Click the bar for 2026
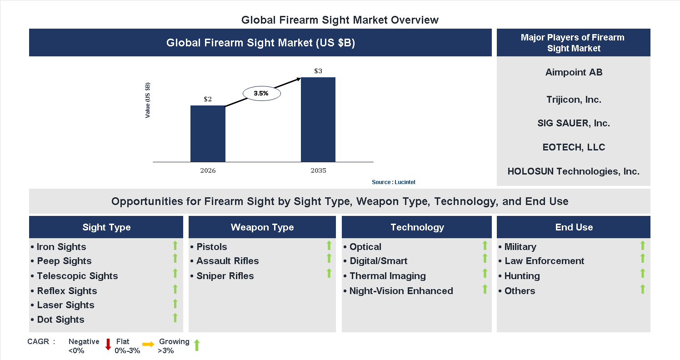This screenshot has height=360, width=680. click(208, 134)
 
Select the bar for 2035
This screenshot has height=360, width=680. click(318, 120)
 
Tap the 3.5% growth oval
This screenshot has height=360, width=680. click(261, 93)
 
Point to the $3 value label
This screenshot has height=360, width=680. click(318, 71)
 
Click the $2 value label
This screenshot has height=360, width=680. click(208, 99)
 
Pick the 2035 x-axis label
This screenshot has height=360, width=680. click(318, 171)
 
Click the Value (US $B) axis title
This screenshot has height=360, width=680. click(148, 100)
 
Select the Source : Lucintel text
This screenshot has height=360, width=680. click(393, 182)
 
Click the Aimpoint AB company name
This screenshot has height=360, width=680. click(574, 72)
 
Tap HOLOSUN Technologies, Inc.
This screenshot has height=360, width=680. click(573, 171)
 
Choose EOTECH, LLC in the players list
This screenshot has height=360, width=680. click(574, 147)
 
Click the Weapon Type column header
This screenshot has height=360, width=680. click(262, 227)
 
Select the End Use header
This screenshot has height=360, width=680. click(574, 227)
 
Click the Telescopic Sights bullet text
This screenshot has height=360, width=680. click(77, 276)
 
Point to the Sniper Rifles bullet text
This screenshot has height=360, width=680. click(225, 276)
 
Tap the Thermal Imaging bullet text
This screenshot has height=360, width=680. click(387, 276)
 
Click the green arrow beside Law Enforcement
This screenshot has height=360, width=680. click(642, 259)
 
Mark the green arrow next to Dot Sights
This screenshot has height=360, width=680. click(175, 318)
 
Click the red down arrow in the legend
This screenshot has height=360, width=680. click(108, 345)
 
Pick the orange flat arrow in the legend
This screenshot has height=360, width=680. click(148, 345)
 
